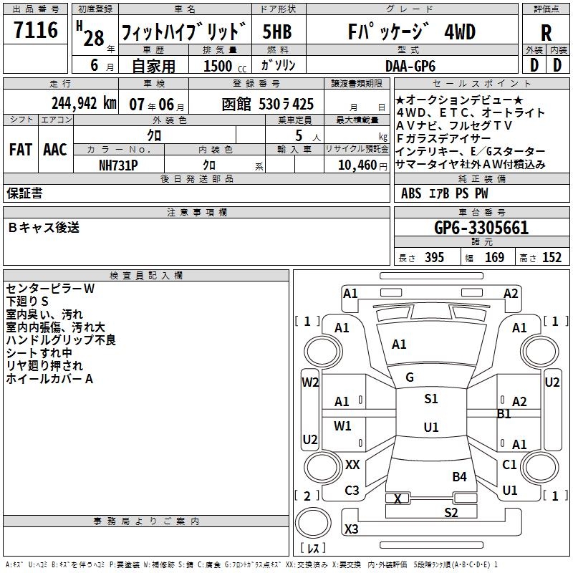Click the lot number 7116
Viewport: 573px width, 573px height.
point(36,30)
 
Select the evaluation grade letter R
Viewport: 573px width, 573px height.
point(546,33)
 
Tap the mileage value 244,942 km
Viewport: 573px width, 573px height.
point(84,103)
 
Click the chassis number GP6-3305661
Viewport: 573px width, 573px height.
point(481,228)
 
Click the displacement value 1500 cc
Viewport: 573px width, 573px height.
point(220,65)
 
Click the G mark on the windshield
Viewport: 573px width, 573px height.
point(410,377)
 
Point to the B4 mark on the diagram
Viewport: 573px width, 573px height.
point(459,476)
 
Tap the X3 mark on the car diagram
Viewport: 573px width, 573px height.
point(351,529)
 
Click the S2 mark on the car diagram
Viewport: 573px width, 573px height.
point(451,512)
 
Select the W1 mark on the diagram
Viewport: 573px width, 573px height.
point(343,426)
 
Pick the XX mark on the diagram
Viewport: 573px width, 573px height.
point(352,465)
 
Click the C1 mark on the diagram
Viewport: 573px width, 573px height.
point(509,465)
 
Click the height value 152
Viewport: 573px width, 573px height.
point(552,258)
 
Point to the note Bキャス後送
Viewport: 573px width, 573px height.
point(44,228)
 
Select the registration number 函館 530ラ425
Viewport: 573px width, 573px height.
point(268,104)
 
